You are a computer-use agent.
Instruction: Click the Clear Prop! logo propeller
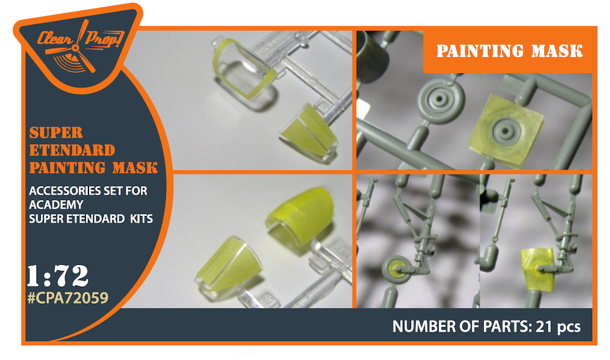coord(78,48)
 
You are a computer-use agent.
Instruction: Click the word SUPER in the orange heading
coord(56,133)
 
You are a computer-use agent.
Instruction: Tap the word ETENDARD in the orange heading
coord(73,150)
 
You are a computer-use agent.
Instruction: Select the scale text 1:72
coord(58,276)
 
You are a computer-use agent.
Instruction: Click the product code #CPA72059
coord(68,298)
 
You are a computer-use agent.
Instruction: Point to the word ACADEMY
coord(56,205)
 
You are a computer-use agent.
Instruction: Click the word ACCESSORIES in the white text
coord(66,191)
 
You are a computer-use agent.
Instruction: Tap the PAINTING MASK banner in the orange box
coord(509,51)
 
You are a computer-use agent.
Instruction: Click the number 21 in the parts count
coord(544,326)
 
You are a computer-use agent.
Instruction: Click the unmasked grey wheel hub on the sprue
coord(441,99)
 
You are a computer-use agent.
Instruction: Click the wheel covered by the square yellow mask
coord(504,132)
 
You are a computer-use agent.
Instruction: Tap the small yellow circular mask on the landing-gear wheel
coord(398,268)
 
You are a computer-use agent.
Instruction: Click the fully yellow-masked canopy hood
coord(299,215)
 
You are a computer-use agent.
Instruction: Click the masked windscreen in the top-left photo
coord(309,131)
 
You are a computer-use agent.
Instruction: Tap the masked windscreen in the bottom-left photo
coord(229,265)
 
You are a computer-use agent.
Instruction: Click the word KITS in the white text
coord(142,218)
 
